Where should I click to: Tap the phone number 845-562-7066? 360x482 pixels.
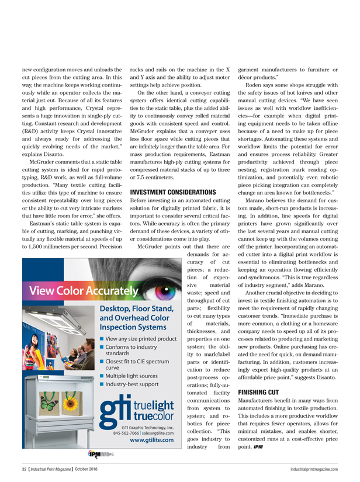pyautogui.click(x=126, y=434)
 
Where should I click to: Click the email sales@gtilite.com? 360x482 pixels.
pyautogui.click(x=158, y=434)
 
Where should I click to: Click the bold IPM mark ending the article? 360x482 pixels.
pyautogui.click(x=258, y=446)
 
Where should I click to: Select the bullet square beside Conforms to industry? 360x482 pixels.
pyautogui.click(x=103, y=346)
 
